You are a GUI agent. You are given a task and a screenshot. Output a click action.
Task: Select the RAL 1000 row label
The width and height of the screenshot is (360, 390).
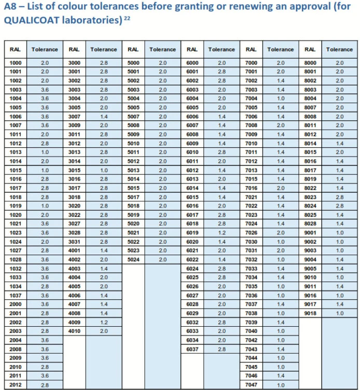click(x=15, y=62)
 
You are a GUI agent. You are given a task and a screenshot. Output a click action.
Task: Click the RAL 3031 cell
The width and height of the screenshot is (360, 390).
click(x=74, y=241)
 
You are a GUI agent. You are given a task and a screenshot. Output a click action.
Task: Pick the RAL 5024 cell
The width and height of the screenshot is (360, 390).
click(x=133, y=259)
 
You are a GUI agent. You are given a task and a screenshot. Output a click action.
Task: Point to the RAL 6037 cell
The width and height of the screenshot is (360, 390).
click(x=192, y=349)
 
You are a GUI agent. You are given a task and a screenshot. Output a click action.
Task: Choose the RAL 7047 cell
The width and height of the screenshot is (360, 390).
click(x=251, y=385)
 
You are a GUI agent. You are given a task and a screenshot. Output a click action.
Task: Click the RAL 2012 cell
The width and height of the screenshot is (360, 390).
click(x=15, y=385)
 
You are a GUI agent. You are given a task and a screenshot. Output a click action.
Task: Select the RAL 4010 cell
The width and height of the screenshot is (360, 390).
click(x=74, y=331)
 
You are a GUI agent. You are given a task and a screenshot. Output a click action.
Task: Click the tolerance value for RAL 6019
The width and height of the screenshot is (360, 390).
click(x=221, y=232)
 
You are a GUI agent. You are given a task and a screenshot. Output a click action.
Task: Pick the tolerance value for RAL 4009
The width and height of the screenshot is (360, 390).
click(x=104, y=322)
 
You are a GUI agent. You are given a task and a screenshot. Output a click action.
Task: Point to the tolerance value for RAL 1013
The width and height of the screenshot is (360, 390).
click(x=45, y=152)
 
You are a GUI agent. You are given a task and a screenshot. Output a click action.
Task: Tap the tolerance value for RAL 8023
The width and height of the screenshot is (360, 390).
click(x=339, y=197)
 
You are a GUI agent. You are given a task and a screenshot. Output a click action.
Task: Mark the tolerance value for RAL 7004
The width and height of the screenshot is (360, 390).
click(x=281, y=98)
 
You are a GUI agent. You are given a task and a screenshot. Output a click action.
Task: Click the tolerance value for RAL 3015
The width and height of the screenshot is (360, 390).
click(x=104, y=170)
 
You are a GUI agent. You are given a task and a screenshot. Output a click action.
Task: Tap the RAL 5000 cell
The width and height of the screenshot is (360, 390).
click(x=133, y=62)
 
